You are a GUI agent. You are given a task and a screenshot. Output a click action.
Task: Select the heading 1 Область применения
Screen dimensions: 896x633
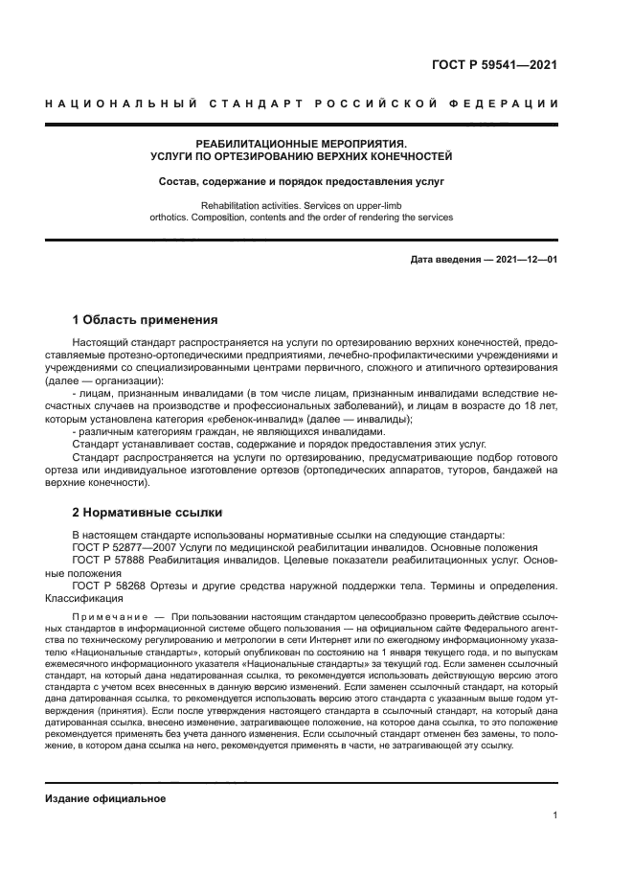click(x=146, y=319)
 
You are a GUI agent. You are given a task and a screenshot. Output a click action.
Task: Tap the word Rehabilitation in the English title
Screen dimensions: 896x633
click(x=232, y=205)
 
